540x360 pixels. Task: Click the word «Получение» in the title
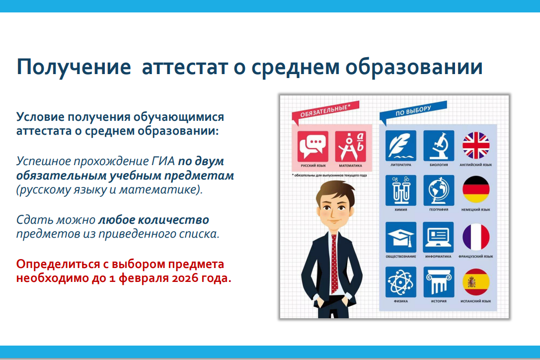(x=74, y=67)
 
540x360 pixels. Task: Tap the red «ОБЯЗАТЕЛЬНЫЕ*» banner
(x=325, y=111)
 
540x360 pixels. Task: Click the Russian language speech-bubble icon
(x=312, y=146)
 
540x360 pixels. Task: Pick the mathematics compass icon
(x=350, y=146)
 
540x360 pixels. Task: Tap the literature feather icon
(x=401, y=146)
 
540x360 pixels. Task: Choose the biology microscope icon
(x=439, y=146)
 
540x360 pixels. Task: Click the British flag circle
(x=476, y=146)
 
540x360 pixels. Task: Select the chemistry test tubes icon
(x=401, y=190)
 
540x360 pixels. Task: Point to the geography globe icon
(x=439, y=190)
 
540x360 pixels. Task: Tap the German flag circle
(x=476, y=189)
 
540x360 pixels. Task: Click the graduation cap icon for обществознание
(x=401, y=237)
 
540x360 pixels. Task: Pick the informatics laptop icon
(x=438, y=237)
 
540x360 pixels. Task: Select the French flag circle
(x=476, y=237)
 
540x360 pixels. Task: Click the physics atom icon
(x=401, y=282)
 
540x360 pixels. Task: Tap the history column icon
(x=439, y=282)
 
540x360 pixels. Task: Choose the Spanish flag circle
(x=476, y=282)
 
